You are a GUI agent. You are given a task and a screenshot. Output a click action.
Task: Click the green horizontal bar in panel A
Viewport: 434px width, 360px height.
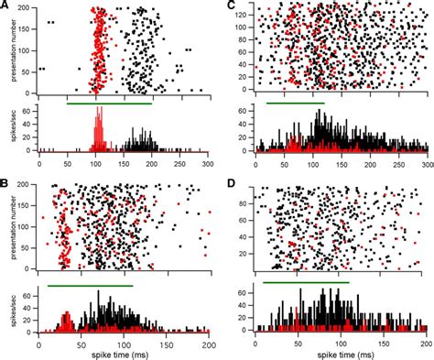(x=109, y=103)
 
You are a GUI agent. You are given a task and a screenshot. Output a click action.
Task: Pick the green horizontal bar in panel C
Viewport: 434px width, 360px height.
(x=295, y=103)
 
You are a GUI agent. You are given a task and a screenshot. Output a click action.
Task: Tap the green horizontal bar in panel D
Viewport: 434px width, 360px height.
(x=306, y=282)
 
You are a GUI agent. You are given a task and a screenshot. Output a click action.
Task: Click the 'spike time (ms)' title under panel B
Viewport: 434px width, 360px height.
(x=110, y=353)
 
